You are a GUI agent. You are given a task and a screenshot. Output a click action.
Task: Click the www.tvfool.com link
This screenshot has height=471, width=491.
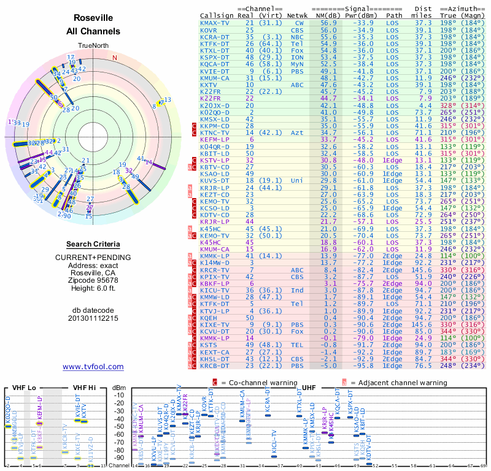[x=93, y=367]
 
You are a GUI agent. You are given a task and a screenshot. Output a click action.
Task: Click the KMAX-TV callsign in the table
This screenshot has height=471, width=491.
[x=215, y=23]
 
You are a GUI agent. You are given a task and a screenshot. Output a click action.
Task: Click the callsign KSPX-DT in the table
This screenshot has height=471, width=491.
[x=215, y=57]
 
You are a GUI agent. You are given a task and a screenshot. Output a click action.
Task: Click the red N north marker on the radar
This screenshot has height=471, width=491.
[x=114, y=58]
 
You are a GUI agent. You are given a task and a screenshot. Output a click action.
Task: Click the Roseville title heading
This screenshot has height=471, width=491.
[x=93, y=18]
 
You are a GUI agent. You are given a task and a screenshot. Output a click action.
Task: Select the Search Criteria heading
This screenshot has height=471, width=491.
[x=93, y=243]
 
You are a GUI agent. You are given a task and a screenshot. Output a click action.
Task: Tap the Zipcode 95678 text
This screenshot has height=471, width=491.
[x=93, y=280]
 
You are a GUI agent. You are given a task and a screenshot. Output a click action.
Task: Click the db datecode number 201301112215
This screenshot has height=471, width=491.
[x=93, y=318]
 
